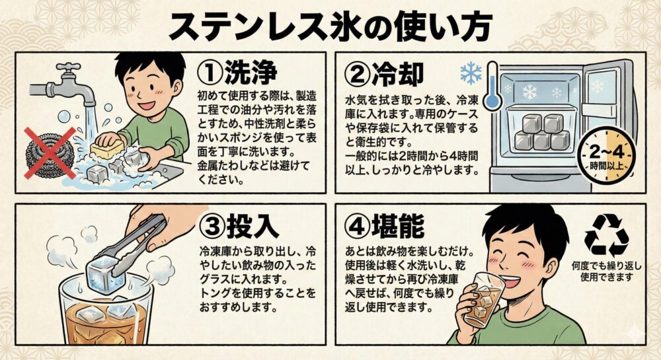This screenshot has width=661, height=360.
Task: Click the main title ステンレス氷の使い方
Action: coord(330,26)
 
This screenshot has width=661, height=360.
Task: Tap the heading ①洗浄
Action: coord(237,71)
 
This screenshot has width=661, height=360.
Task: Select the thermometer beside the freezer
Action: coord(492,86)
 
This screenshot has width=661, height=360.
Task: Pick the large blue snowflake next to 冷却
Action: coord(470,73)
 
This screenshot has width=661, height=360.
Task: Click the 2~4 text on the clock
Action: coord(606,151)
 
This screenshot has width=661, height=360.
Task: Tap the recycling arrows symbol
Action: coord(606,235)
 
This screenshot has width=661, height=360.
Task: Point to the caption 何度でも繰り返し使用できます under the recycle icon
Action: coord(606,271)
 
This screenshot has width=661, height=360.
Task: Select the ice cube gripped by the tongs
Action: coord(105,275)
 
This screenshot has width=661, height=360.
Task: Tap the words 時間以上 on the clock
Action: coord(606,166)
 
